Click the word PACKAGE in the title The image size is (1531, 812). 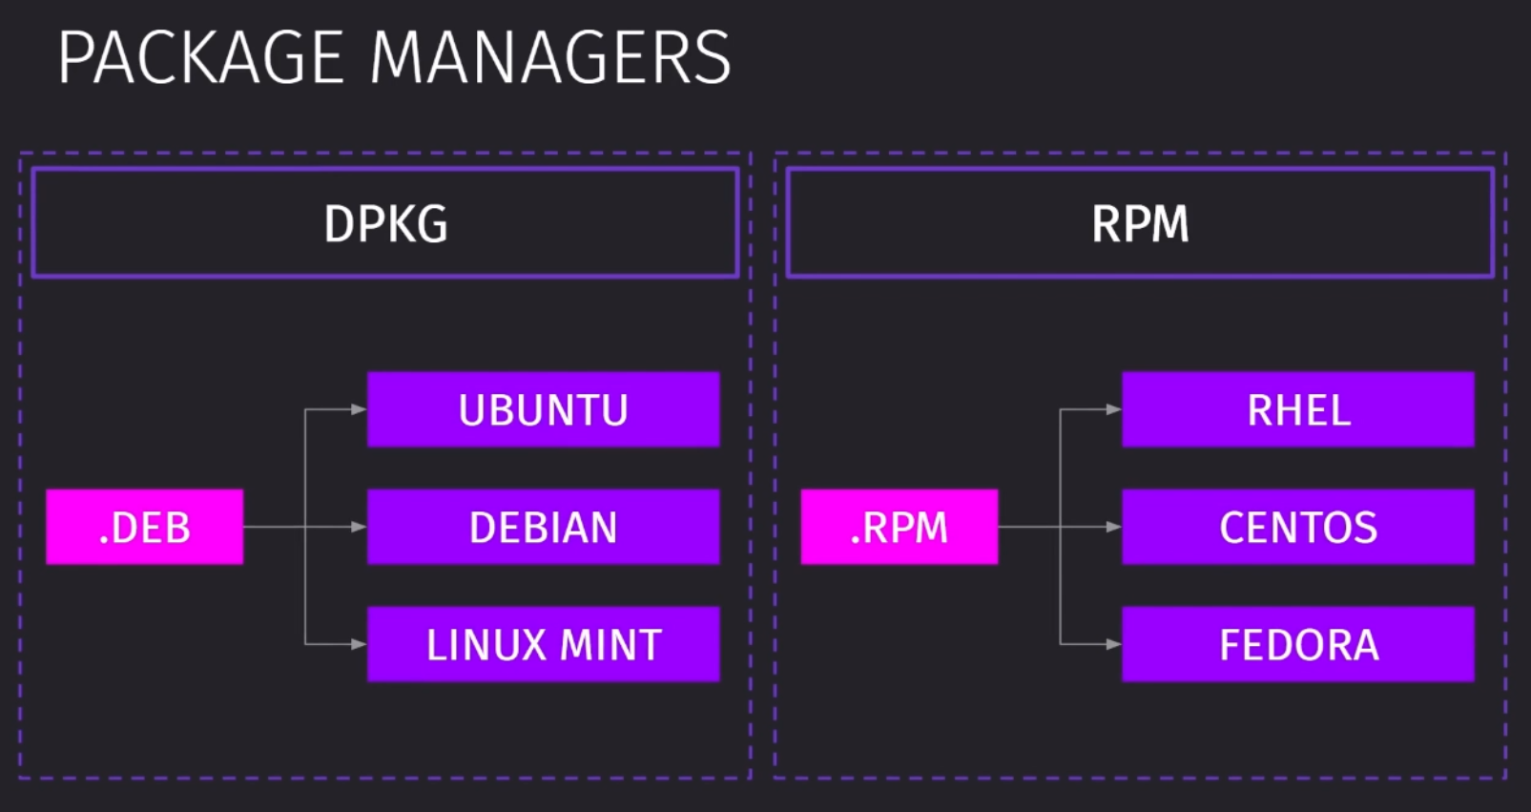tap(200, 57)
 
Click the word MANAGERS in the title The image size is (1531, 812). tap(551, 57)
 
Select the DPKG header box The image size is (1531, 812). tap(385, 223)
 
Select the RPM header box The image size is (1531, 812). tap(1140, 223)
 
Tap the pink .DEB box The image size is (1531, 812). tap(144, 527)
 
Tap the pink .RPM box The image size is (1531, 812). tap(900, 527)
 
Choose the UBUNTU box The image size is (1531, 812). tap(544, 409)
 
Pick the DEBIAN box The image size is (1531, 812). tap(544, 527)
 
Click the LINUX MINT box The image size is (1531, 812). tap(544, 644)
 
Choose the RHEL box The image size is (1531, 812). tap(1298, 409)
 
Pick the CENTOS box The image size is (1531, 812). tap(1298, 527)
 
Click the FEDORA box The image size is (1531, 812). tap(1298, 644)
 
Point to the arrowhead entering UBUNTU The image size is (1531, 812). tap(359, 409)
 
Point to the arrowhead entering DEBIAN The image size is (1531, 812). tap(359, 527)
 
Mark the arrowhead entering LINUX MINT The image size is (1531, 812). tap(359, 644)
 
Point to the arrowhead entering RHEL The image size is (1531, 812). tap(1114, 409)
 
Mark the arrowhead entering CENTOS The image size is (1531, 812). tap(1114, 527)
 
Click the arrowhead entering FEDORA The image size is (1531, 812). tap(1114, 644)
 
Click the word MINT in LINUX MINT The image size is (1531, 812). tap(610, 644)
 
